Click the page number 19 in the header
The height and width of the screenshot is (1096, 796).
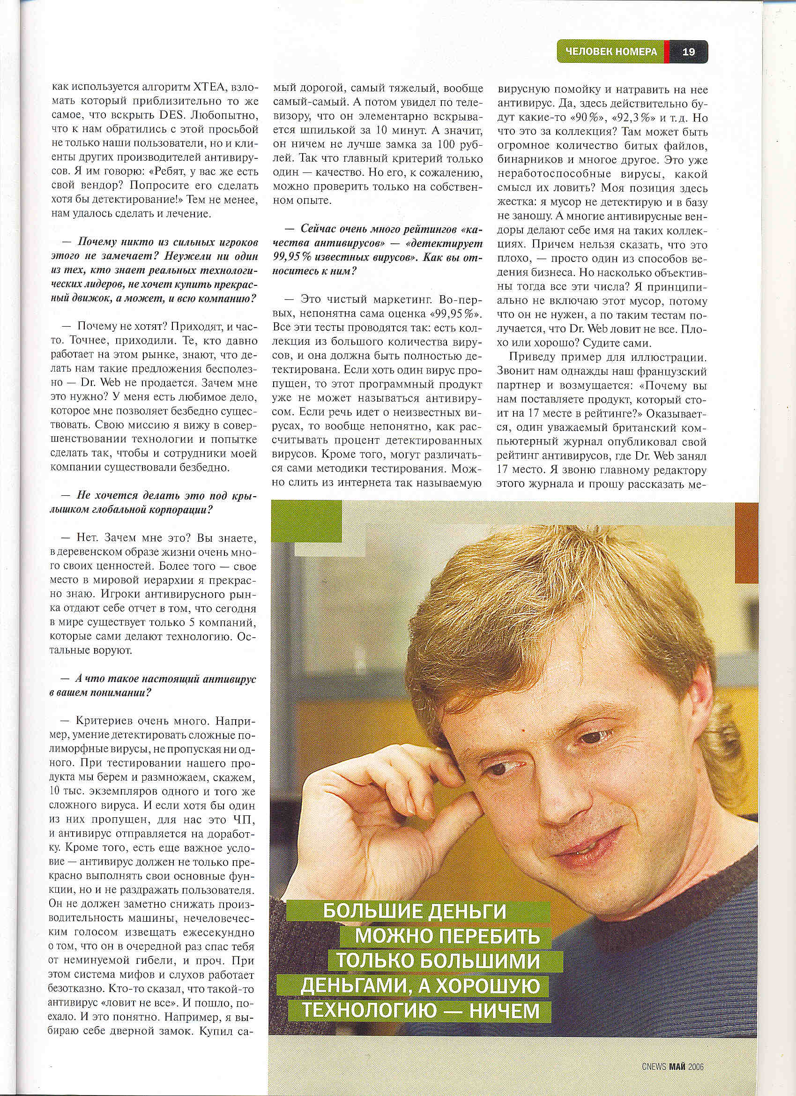(688, 52)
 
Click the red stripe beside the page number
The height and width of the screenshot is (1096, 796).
(667, 52)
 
